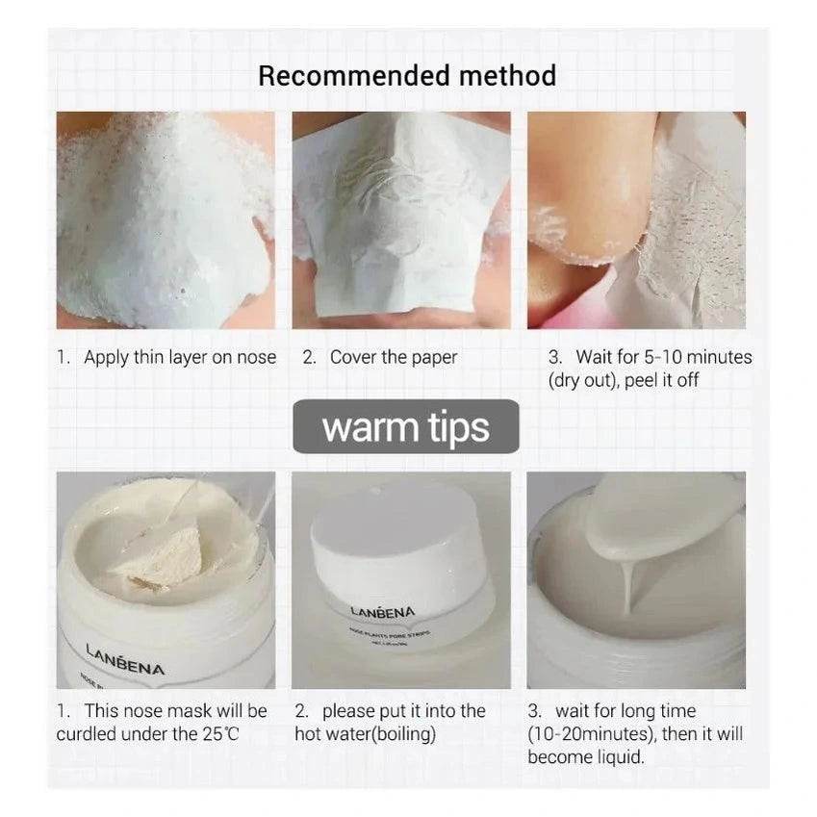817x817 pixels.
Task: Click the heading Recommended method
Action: tap(407, 76)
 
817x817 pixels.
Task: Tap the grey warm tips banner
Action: tap(405, 426)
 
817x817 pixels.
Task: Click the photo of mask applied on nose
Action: tap(165, 219)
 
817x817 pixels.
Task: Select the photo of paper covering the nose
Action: tap(401, 219)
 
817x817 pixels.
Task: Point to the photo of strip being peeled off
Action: tap(636, 219)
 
